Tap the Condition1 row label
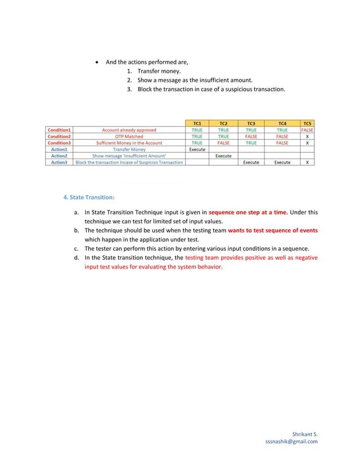pyautogui.click(x=59, y=129)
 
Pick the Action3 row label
pyautogui.click(x=59, y=162)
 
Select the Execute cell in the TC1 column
pyautogui.click(x=197, y=149)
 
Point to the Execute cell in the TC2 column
pyautogui.click(x=223, y=156)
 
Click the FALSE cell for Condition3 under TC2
pyautogui.click(x=223, y=143)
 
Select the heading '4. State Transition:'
pyautogui.click(x=89, y=197)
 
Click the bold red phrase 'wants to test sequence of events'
pyautogui.click(x=273, y=231)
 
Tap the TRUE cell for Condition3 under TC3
pyautogui.click(x=251, y=143)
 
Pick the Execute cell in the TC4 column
pyautogui.click(x=282, y=162)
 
